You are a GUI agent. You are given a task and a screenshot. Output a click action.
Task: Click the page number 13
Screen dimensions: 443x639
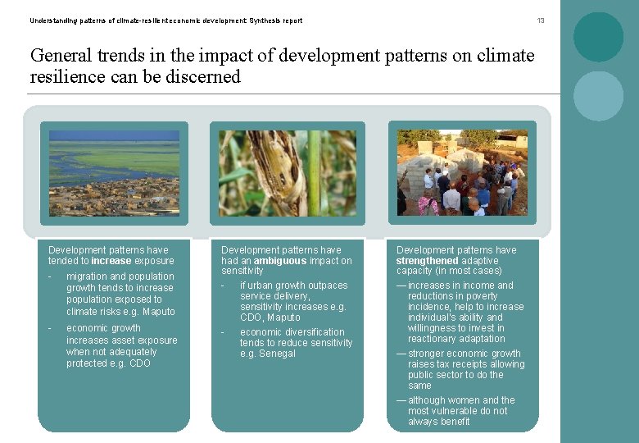click(540, 21)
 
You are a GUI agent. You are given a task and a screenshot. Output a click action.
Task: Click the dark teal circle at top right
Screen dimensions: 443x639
click(598, 37)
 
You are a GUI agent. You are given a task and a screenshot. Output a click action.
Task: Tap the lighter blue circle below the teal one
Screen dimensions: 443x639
click(598, 96)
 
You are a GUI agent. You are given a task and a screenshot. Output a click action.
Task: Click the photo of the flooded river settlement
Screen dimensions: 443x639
click(114, 172)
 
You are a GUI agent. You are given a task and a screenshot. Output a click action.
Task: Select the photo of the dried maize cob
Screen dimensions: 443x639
click(287, 172)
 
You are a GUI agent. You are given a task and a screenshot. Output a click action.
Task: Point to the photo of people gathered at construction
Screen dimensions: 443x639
click(462, 172)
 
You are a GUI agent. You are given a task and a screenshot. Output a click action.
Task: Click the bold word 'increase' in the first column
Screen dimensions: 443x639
click(111, 261)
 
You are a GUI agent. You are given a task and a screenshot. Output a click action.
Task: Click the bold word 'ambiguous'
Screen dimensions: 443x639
click(280, 261)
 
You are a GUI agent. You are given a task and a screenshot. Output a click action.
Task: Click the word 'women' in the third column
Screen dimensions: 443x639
click(462, 400)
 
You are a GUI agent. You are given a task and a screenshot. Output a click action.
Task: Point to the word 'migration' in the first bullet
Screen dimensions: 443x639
click(88, 276)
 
